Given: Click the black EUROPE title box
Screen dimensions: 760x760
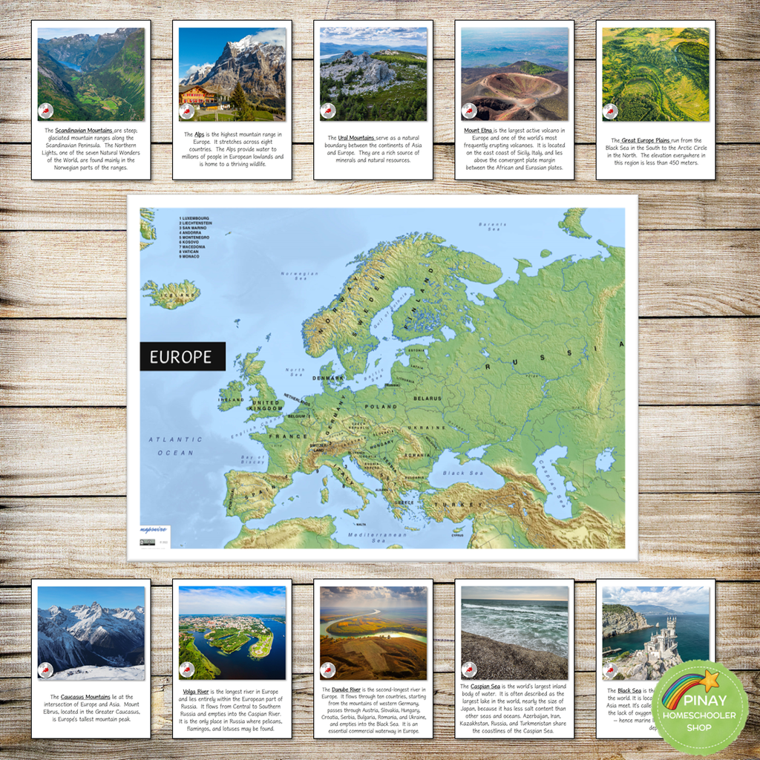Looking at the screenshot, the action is click(x=182, y=356).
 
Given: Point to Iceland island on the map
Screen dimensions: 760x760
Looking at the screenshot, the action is click(x=171, y=294).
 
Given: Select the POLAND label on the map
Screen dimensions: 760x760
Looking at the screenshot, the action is click(x=381, y=407).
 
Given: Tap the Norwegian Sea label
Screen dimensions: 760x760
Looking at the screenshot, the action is click(x=300, y=278).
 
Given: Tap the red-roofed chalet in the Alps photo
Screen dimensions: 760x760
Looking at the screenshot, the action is click(x=197, y=96).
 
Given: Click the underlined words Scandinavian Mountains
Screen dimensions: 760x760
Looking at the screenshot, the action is click(x=84, y=131).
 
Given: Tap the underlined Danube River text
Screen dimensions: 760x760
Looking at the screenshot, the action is click(x=346, y=689).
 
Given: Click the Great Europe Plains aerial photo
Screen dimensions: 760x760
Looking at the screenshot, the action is click(x=655, y=74).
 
